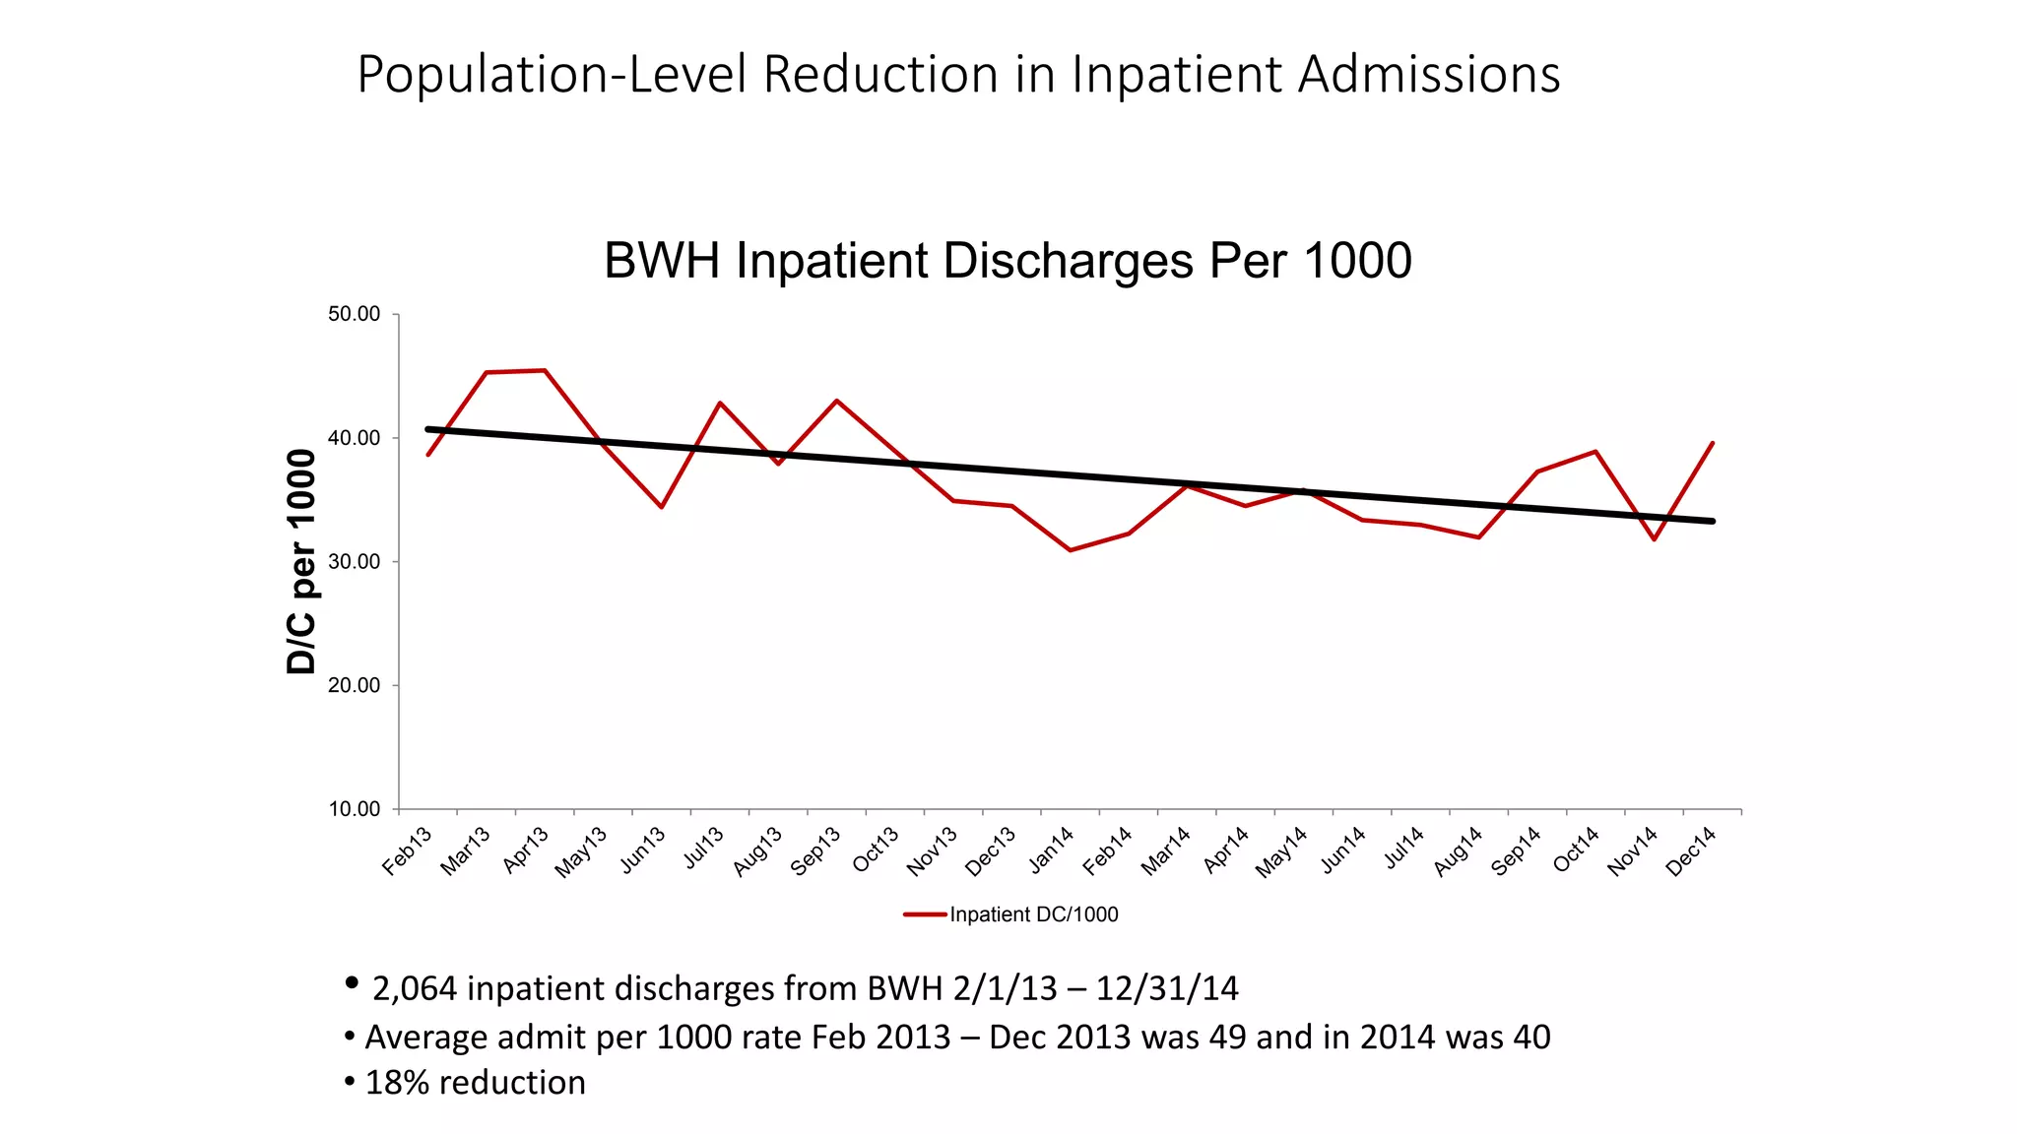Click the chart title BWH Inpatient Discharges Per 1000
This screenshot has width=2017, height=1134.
(1008, 262)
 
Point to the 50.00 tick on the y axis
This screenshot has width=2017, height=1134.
(354, 315)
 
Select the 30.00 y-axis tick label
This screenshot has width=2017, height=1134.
(354, 562)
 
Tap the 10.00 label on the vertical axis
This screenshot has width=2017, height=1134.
(354, 809)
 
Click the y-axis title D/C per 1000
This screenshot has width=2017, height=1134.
(301, 561)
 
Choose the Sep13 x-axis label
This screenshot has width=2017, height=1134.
(816, 850)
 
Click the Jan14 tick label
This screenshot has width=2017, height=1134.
(1051, 850)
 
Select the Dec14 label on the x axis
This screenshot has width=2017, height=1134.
(1691, 850)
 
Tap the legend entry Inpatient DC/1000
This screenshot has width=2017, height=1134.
(1033, 914)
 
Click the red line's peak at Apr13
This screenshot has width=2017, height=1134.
(545, 370)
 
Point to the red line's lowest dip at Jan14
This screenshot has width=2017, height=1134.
(1070, 550)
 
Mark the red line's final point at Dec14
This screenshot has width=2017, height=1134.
(1713, 443)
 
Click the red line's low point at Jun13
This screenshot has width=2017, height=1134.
(662, 507)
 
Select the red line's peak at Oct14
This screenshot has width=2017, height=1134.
(1595, 452)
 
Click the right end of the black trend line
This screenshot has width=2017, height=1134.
(1713, 521)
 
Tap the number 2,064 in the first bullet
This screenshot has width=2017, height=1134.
(415, 988)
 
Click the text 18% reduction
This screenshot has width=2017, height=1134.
(475, 1083)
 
